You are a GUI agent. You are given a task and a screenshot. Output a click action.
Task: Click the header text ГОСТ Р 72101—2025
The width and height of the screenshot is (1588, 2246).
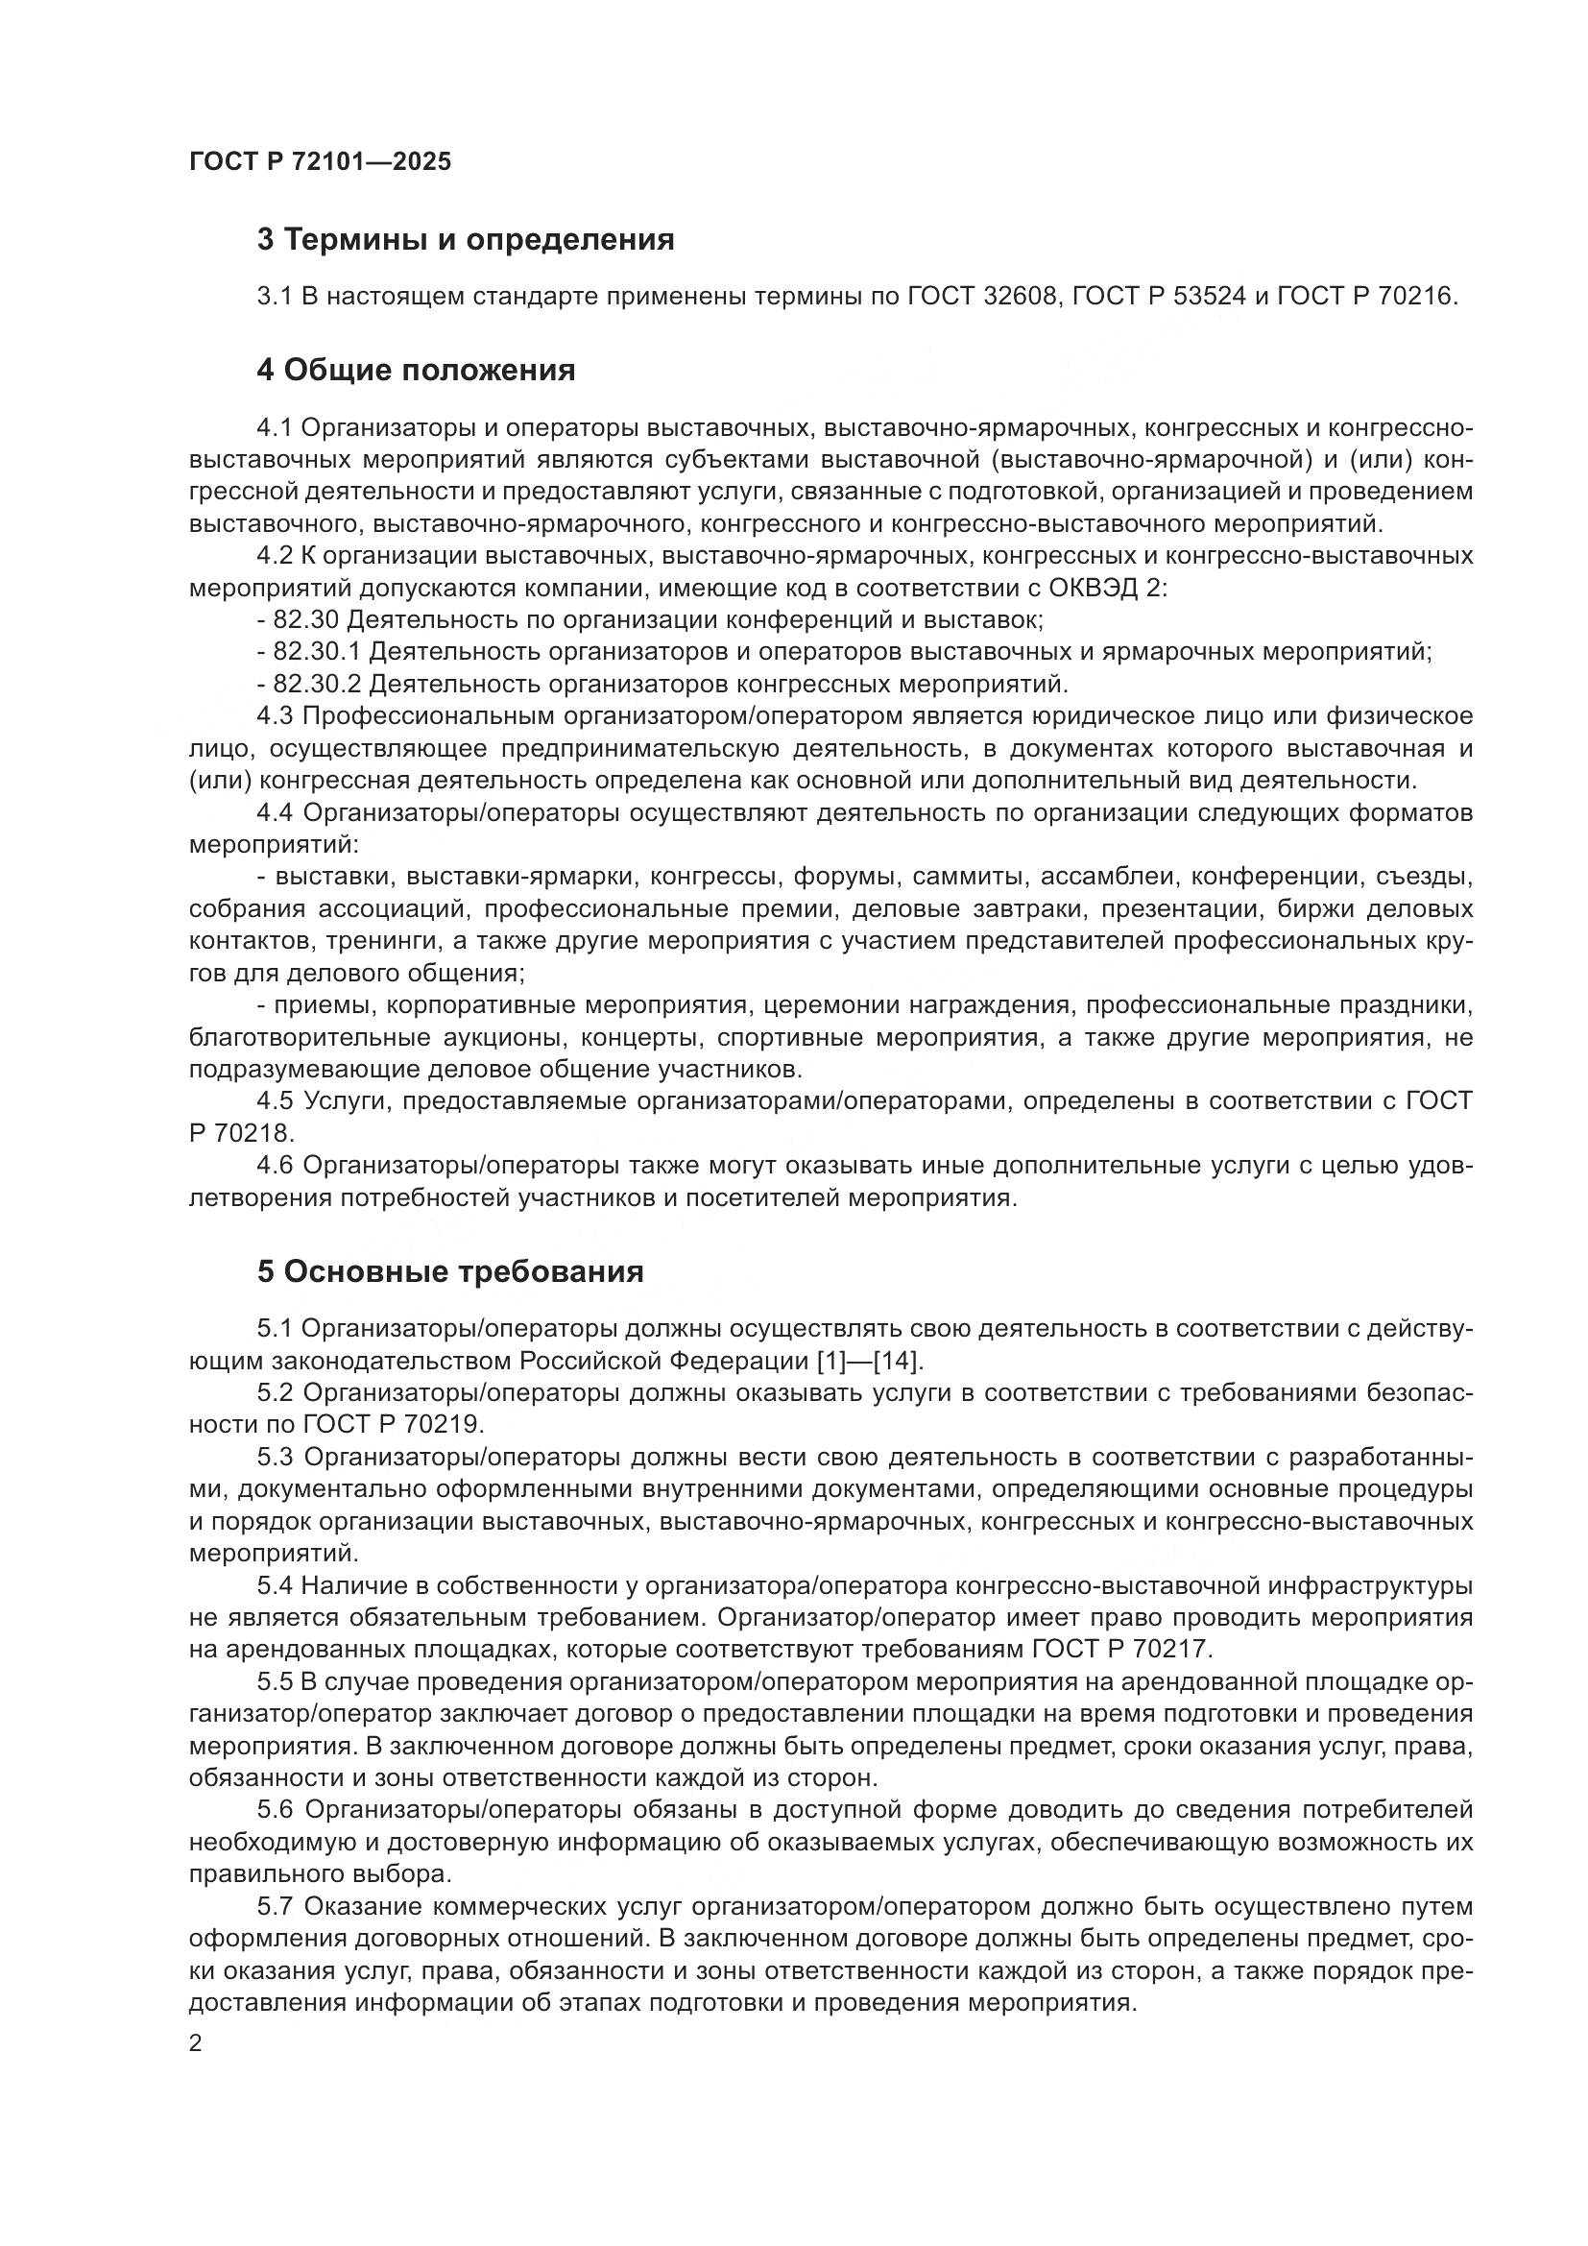coord(320,161)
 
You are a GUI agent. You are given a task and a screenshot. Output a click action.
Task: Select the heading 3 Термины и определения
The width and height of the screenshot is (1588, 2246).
coord(466,240)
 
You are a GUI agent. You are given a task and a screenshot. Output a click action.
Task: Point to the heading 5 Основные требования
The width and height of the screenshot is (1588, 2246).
coord(449,1271)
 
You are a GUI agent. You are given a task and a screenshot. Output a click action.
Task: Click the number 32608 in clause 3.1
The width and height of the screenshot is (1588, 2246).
coord(1018,297)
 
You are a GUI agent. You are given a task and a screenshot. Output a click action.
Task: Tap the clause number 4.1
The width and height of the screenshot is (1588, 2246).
coord(274,428)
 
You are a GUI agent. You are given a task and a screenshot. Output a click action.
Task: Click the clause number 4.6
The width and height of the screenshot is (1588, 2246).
coord(275,1166)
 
